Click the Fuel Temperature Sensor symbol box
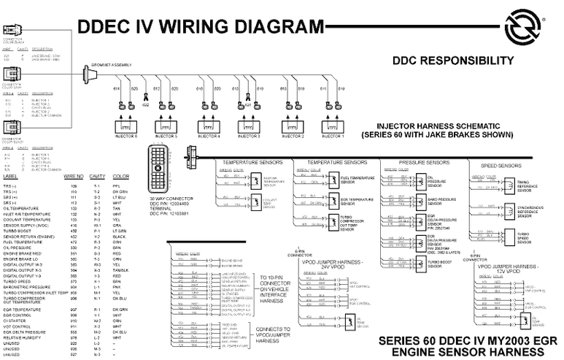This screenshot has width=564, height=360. coord(333,180)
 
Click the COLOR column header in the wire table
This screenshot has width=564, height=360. coord(121,176)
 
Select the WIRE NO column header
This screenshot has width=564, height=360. coord(74,176)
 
